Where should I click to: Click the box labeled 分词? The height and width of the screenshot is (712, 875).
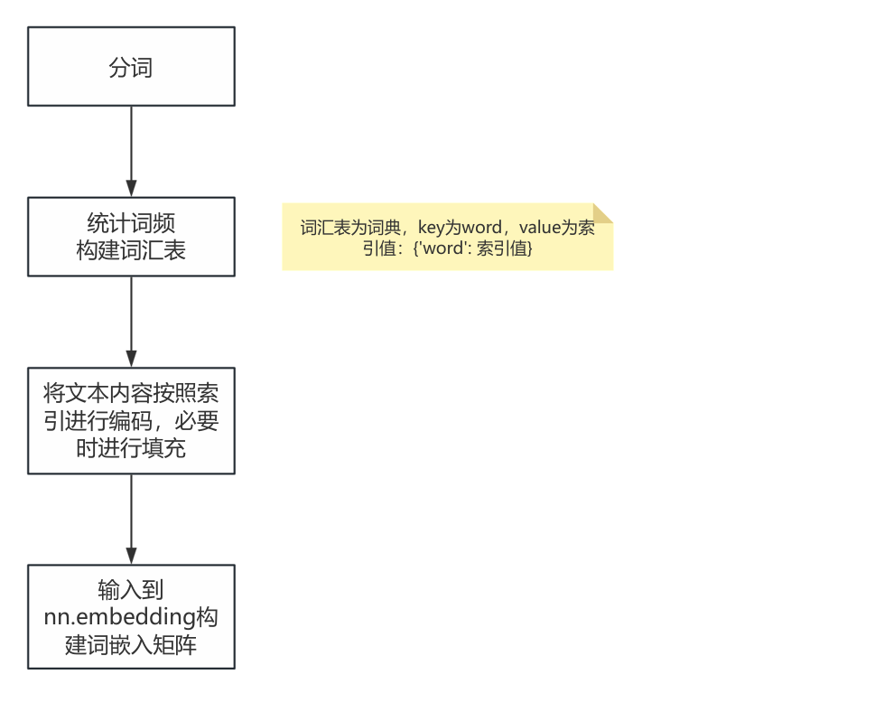131,66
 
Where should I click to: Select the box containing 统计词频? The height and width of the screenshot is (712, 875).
131,236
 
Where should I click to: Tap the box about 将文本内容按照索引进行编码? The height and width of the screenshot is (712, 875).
131,420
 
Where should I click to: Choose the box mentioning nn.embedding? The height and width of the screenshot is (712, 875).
131,616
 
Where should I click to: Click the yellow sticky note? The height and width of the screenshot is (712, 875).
447,237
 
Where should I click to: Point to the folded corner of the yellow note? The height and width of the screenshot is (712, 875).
602,212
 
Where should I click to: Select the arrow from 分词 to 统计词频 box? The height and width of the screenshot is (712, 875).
131,149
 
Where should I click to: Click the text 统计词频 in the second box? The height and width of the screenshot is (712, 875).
131,223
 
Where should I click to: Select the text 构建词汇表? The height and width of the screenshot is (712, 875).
131,250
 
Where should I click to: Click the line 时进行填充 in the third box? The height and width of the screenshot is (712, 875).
131,447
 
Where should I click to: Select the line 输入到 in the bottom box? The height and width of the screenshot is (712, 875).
131,591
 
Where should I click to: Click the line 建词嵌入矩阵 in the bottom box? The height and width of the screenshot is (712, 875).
131,644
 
